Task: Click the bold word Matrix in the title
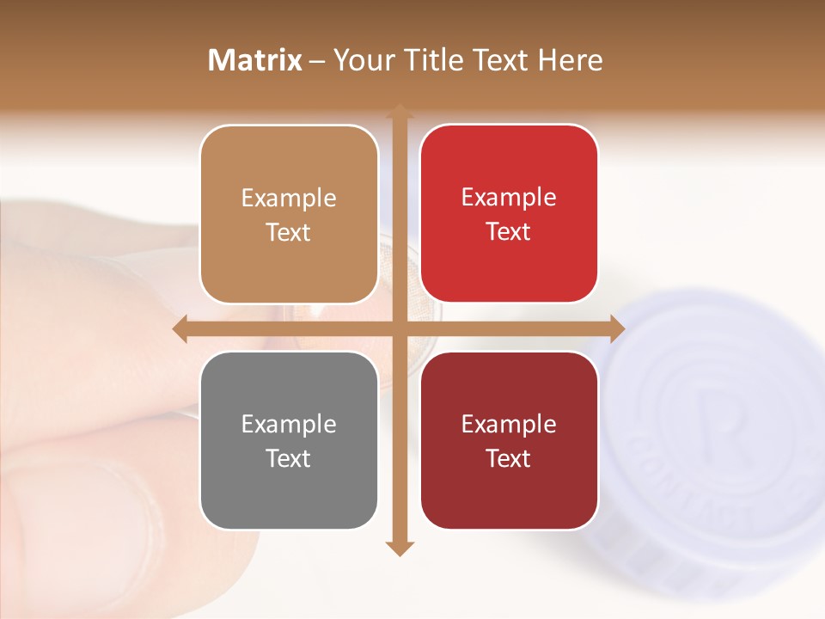[255, 60]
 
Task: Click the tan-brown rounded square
[289, 214]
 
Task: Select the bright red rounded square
[509, 214]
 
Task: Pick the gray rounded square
[289, 441]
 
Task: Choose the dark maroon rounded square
[509, 441]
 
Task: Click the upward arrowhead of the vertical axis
[399, 112]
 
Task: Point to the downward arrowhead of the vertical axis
[399, 548]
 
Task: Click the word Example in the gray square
[289, 425]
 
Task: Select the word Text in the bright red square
[509, 232]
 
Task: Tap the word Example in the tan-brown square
[289, 199]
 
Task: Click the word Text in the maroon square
[509, 459]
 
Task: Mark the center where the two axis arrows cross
[399, 328]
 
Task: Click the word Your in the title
[361, 60]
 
